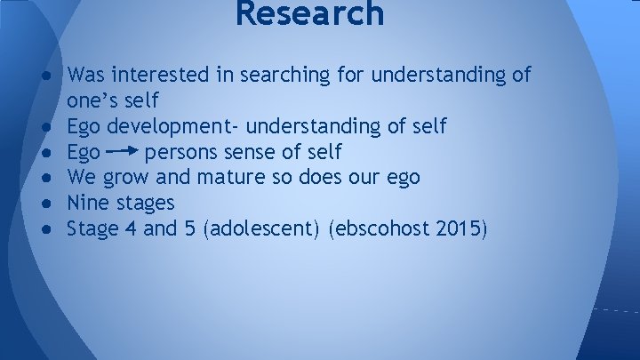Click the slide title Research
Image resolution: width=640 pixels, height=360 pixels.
(x=310, y=14)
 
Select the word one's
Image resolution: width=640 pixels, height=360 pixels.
(x=92, y=100)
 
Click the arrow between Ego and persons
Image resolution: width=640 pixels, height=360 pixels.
(x=122, y=152)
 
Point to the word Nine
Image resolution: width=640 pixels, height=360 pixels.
(x=87, y=204)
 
